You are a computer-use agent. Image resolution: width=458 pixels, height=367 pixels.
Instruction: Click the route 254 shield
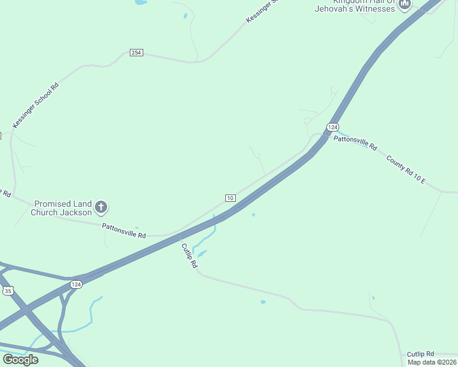(x=136, y=53)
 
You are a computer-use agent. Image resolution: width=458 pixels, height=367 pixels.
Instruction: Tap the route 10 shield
(x=230, y=198)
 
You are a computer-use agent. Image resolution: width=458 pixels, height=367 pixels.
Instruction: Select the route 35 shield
(x=8, y=291)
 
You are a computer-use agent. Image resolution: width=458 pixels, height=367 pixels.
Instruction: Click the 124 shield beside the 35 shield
(x=76, y=284)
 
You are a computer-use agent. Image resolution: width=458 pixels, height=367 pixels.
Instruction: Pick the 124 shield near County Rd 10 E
(x=332, y=127)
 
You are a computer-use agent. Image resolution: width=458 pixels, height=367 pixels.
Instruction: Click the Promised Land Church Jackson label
(x=62, y=208)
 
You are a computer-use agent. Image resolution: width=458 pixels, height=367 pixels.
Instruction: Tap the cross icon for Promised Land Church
(x=102, y=207)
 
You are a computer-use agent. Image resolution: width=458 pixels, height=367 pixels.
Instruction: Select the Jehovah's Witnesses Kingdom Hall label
(x=355, y=6)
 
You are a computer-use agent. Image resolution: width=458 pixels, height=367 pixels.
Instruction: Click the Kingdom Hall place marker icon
(x=404, y=5)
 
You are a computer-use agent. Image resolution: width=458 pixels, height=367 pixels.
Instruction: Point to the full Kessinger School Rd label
(x=36, y=105)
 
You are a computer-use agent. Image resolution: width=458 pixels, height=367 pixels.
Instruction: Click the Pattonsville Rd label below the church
(x=124, y=231)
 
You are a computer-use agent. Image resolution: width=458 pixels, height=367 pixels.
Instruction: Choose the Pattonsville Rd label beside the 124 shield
(x=355, y=143)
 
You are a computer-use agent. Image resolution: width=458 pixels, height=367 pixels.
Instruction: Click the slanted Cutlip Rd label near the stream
(x=189, y=256)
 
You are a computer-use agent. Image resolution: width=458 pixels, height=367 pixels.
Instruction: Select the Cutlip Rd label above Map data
(x=420, y=354)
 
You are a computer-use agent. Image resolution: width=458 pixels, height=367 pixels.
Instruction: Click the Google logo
(x=20, y=359)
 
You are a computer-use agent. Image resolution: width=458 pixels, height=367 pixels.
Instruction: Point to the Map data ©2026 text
(x=432, y=362)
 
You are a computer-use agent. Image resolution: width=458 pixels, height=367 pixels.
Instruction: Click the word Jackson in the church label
(x=77, y=212)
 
